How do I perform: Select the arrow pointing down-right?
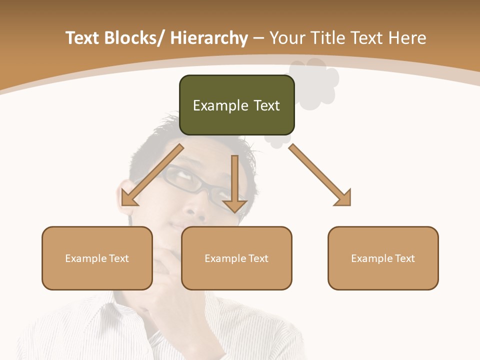coord(320,175)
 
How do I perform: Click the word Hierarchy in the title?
coord(209,38)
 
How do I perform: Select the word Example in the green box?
coord(220,106)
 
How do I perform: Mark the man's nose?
coord(195,210)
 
